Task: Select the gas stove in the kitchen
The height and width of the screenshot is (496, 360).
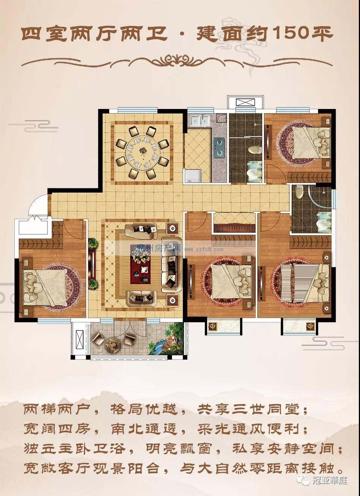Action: pyautogui.click(x=218, y=146)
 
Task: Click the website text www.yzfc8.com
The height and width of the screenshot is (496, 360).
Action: pyautogui.click(x=204, y=249)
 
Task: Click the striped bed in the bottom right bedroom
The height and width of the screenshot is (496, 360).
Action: pyautogui.click(x=306, y=283)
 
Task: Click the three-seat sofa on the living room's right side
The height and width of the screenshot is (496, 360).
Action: pyautogui.click(x=172, y=264)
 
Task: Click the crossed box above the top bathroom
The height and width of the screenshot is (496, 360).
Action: pyautogui.click(x=246, y=102)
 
